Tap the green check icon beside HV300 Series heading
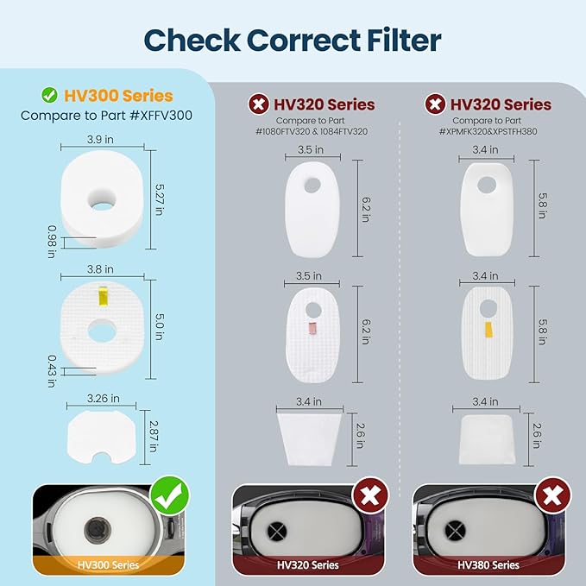(x=50, y=95)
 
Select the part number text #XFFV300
(x=161, y=116)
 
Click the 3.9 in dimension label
(x=100, y=140)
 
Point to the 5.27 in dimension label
(x=159, y=199)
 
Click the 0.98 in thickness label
(x=52, y=242)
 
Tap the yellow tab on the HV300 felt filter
(x=103, y=296)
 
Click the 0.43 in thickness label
(x=52, y=371)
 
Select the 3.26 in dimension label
(x=104, y=399)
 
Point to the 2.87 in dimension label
(x=154, y=437)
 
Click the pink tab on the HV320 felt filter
(x=312, y=328)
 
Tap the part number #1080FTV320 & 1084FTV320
(x=312, y=131)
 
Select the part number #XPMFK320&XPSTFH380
(x=488, y=131)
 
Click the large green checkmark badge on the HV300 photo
(x=170, y=495)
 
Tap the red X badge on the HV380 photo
(x=552, y=496)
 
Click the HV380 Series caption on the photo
(x=488, y=564)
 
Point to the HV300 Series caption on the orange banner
(x=108, y=564)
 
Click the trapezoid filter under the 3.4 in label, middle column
(x=310, y=439)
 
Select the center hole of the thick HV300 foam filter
(x=102, y=201)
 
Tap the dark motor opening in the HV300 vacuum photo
(x=98, y=529)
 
